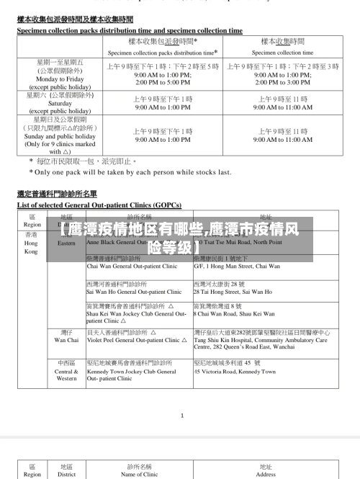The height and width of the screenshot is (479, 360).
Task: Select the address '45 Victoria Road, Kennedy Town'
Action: (235, 372)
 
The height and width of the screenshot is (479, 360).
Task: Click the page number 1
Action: (182, 415)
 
